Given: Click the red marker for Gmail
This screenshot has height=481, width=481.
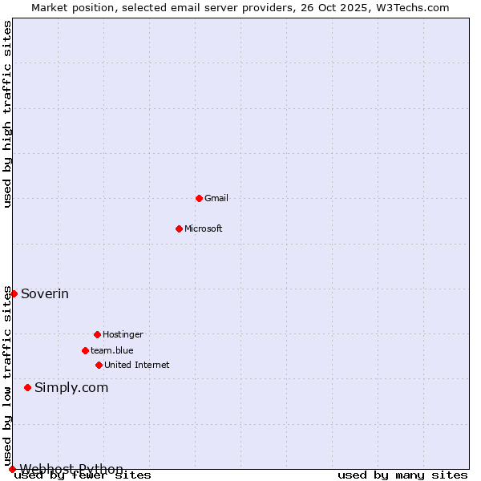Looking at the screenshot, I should (199, 198).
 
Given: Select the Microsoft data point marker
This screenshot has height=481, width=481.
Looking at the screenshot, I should (179, 228).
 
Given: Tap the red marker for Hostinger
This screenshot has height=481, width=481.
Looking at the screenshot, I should (97, 334).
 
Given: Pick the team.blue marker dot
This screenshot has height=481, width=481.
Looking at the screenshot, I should (85, 350).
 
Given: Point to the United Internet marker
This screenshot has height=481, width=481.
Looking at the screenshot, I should (99, 365).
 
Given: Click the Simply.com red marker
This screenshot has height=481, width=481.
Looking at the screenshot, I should (27, 387).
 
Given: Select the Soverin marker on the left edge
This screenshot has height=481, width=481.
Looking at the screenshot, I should (14, 293).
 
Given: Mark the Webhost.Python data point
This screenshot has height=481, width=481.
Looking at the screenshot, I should (12, 469).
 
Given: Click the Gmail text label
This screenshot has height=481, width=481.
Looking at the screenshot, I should (216, 198).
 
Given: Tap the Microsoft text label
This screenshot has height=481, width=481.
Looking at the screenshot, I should (204, 228).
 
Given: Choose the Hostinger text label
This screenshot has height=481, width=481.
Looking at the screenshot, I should (123, 334).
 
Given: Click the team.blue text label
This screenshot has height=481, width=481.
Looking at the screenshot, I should (112, 350).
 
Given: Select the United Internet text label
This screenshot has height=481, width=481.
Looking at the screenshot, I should (137, 365).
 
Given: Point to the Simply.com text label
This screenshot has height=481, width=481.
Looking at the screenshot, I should (71, 388).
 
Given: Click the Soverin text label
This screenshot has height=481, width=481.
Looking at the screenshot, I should (45, 294).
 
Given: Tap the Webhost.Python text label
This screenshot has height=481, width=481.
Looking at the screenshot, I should (72, 469).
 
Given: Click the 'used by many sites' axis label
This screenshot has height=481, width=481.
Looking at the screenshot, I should (402, 475).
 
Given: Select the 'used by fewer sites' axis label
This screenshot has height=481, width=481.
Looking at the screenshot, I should (83, 475).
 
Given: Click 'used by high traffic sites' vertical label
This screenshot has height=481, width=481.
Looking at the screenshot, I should (7, 114).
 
